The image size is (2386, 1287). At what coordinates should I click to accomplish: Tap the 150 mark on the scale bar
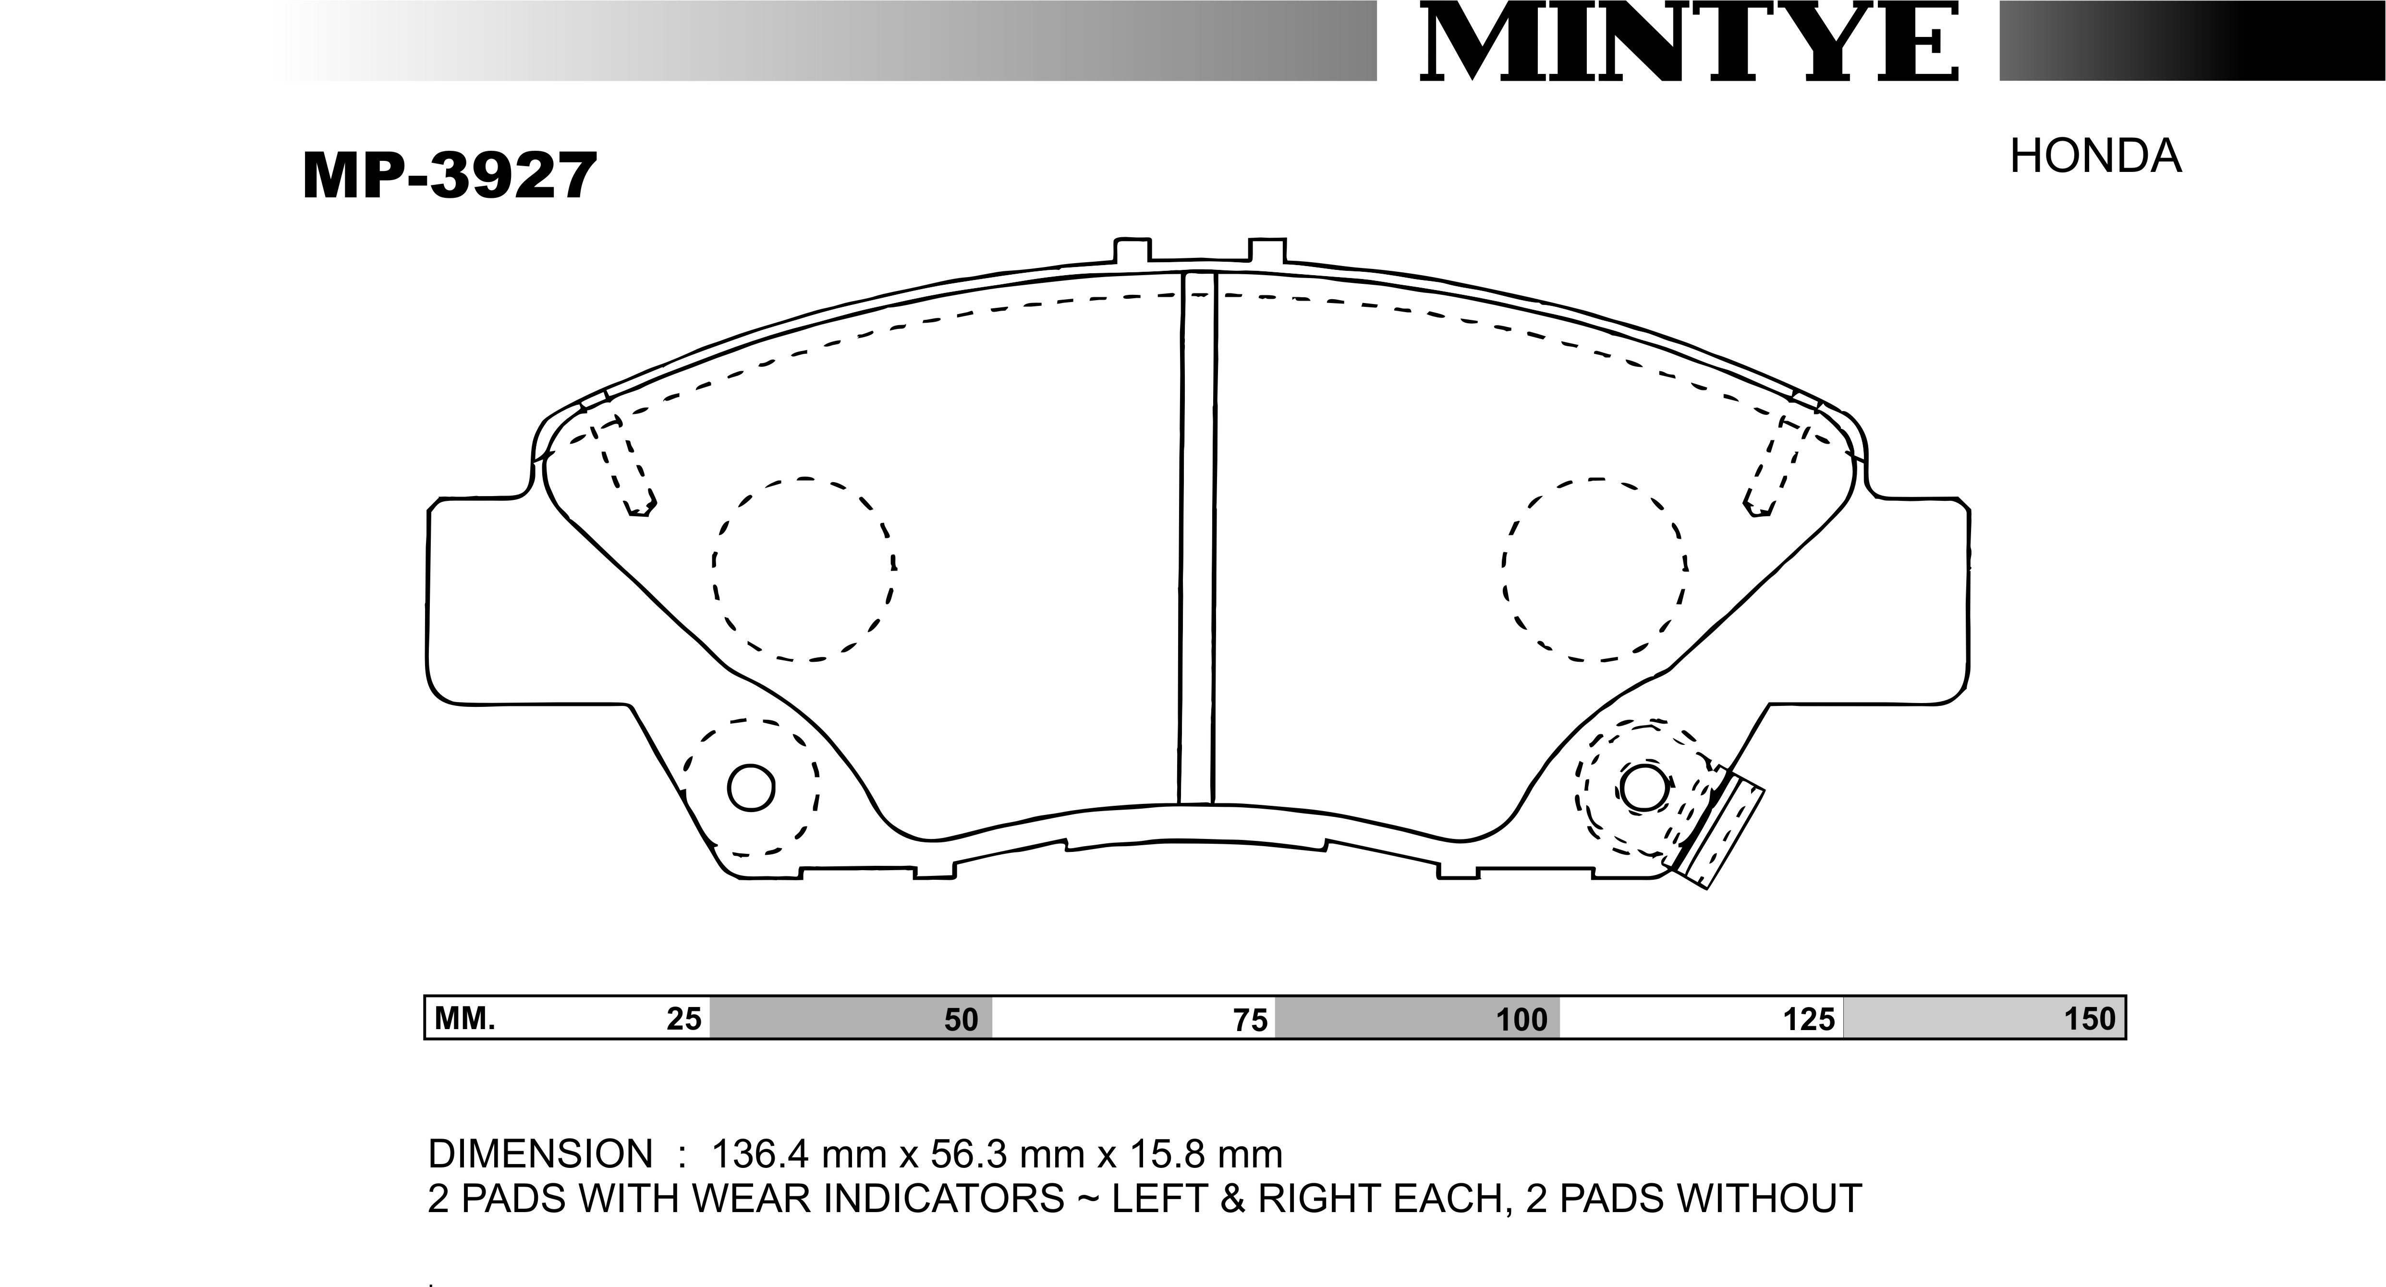coord(2090,1019)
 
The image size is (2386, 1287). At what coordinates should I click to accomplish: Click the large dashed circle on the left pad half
coord(804,570)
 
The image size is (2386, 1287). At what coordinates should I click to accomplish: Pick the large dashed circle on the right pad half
coord(1594,570)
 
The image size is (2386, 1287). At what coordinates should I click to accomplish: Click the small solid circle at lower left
coord(751,788)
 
